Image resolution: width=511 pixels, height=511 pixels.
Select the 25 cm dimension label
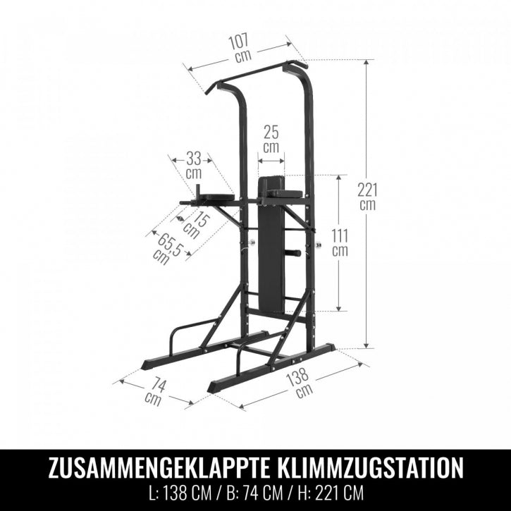[271, 138]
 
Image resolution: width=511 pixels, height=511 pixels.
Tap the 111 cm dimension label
[340, 241]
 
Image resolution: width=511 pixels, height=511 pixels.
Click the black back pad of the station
[271, 261]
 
